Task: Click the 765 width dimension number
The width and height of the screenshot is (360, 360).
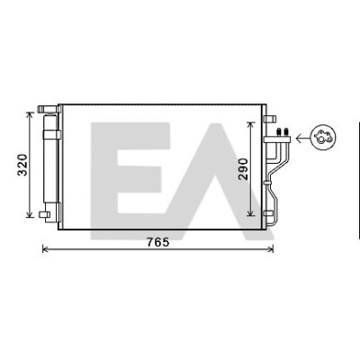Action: (158, 242)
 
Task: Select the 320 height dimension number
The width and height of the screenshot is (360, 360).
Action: (22, 165)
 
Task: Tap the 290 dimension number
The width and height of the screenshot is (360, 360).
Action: (244, 169)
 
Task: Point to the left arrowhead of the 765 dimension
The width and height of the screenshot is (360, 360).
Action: (46, 248)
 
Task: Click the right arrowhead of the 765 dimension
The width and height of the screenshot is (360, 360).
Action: (271, 248)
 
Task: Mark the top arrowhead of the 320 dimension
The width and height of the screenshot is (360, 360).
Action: (30, 115)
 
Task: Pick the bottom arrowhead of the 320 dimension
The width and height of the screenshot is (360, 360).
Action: (30, 213)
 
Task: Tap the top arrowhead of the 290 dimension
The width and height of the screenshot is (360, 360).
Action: (251, 125)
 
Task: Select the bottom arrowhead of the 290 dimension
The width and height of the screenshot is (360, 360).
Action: (251, 212)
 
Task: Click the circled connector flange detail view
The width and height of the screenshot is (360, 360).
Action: (323, 138)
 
